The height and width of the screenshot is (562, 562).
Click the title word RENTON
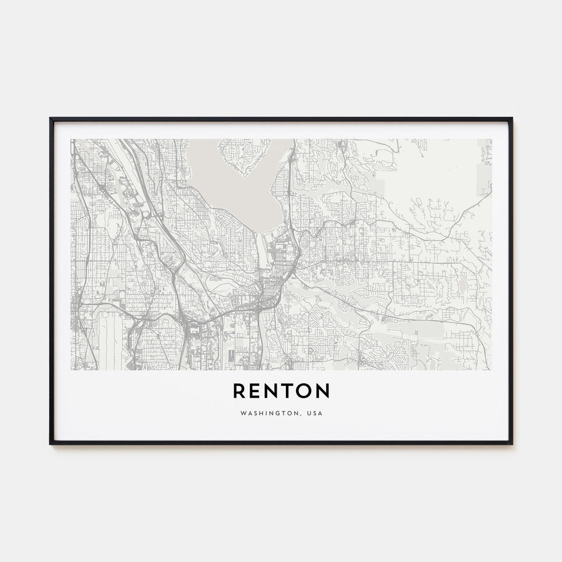pos(281,391)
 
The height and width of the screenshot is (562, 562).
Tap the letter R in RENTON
pos(239,391)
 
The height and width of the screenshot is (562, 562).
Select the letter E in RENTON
pos(255,391)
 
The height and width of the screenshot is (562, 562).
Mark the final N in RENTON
pos(322,391)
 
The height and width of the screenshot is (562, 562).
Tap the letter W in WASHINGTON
pos(241,413)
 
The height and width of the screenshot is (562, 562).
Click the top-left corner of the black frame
pos(51,118)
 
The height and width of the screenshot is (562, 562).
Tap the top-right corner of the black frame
pos(511,118)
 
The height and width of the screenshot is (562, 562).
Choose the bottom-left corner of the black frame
pos(51,443)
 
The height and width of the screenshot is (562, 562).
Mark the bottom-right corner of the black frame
pos(511,443)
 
